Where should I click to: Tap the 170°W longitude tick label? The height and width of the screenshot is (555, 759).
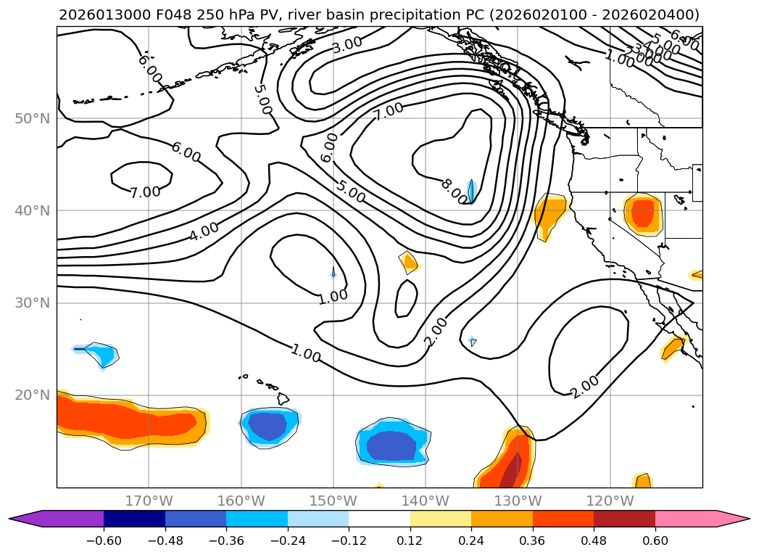[149, 501]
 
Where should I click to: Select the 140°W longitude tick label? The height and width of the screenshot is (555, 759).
[426, 501]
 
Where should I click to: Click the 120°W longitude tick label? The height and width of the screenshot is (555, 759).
[610, 501]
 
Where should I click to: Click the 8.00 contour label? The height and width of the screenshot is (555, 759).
[455, 191]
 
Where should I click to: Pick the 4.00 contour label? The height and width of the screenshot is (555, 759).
[204, 232]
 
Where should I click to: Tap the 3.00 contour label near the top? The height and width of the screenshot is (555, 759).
[347, 45]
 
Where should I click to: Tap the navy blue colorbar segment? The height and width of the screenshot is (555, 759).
[134, 519]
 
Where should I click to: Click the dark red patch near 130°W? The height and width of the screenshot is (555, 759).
[512, 472]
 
